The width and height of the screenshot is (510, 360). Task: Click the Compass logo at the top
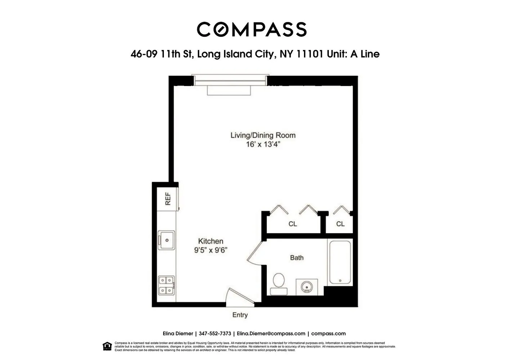pyautogui.click(x=251, y=29)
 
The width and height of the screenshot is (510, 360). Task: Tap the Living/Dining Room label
pyautogui.click(x=263, y=135)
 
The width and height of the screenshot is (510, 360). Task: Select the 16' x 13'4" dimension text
pyautogui.click(x=263, y=145)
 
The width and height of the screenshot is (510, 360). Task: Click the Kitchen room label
pyautogui.click(x=211, y=241)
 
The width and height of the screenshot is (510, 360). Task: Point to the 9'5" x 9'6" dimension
pyautogui.click(x=211, y=250)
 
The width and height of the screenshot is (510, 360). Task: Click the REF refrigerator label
pyautogui.click(x=168, y=199)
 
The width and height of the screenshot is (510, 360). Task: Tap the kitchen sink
pyautogui.click(x=166, y=240)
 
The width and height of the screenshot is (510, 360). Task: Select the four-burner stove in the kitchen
pyautogui.click(x=166, y=285)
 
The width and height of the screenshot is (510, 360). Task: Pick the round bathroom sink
pyautogui.click(x=307, y=287)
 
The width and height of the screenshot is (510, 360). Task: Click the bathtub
pyautogui.click(x=340, y=262)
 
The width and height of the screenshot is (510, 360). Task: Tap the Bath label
pyautogui.click(x=297, y=258)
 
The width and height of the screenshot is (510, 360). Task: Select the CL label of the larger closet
pyautogui.click(x=292, y=224)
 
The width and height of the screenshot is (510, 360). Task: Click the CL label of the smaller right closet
pyautogui.click(x=340, y=224)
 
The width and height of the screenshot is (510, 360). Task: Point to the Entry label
pyautogui.click(x=240, y=315)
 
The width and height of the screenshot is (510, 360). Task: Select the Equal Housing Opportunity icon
pyautogui.click(x=107, y=346)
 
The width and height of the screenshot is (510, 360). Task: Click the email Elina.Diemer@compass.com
pyautogui.click(x=271, y=334)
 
